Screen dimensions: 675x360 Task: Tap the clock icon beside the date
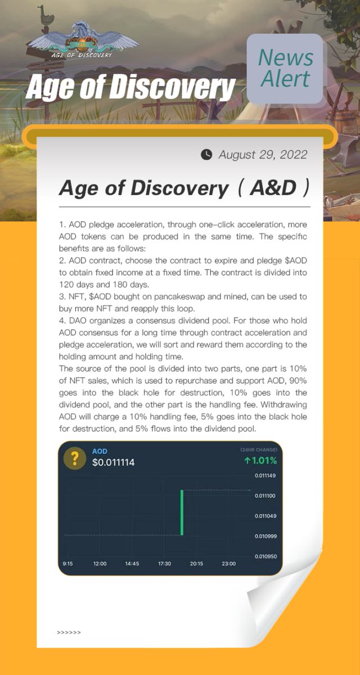click(207, 155)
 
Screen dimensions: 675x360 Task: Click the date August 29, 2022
click(263, 155)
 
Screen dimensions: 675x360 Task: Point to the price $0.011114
click(113, 463)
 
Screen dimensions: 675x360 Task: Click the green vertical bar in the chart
click(182, 512)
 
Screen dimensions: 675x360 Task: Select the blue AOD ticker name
click(100, 451)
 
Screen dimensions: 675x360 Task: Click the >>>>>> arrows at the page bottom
click(69, 632)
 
